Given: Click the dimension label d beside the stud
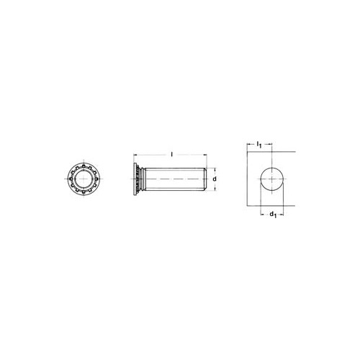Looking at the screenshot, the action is pos(215,179).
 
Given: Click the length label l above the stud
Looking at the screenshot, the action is pos(171,154).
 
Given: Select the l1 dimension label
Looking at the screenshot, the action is pos(258,145).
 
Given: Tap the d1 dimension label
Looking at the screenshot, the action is pos(273,215).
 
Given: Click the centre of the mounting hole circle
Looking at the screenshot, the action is pos(272,179).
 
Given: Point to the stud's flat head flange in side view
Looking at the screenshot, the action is pos(135,179).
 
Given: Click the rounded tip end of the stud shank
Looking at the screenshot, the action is pos(205,179).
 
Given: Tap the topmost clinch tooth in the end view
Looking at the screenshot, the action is pos(84,166).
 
